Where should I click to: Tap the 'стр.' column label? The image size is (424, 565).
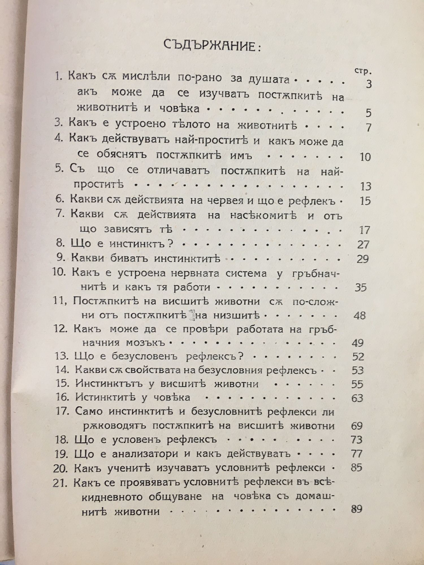(x=362, y=71)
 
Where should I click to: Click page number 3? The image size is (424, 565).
(x=368, y=84)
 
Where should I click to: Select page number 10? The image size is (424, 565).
(x=365, y=157)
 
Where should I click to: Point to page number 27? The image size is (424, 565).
(x=363, y=245)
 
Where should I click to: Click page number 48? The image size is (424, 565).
(x=360, y=315)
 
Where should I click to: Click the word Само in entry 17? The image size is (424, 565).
(x=89, y=411)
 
